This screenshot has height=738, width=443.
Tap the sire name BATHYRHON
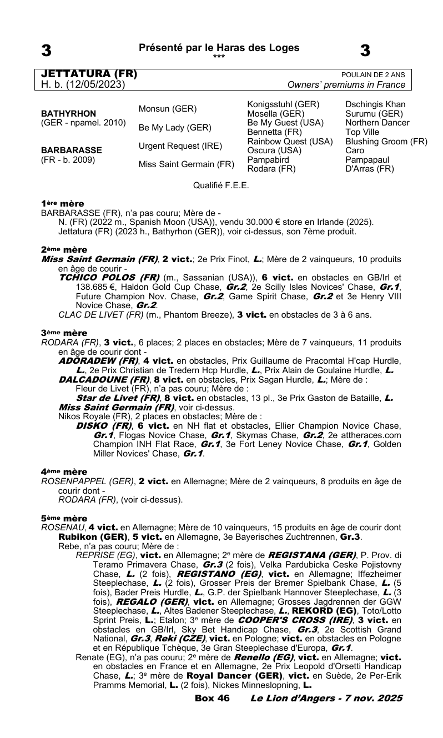[71, 113]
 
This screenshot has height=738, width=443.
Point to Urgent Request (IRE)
[180, 145]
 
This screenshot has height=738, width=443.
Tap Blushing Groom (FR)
[386, 141]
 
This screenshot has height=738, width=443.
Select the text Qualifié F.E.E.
[221, 185]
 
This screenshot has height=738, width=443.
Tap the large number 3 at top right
[365, 51]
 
